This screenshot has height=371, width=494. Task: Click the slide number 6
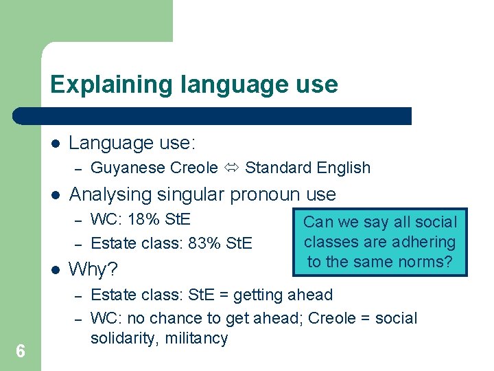pos(21,352)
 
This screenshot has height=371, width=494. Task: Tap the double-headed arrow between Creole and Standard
pos(231,168)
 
